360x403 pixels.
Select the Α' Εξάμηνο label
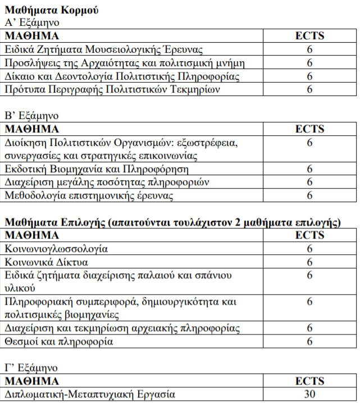31,23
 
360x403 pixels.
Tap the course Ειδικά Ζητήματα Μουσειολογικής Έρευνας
104,49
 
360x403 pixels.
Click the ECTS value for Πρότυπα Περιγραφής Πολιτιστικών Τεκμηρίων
309,89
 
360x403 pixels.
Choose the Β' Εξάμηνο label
31,116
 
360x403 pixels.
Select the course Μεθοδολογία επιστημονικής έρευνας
89,195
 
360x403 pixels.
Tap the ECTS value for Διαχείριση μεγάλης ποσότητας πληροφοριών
309,182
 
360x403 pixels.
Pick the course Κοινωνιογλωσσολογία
56,249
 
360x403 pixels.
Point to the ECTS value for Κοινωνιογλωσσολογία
309,249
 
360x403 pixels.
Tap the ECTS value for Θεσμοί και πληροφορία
309,341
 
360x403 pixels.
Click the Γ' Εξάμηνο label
31,368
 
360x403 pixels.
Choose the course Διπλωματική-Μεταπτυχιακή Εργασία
90,394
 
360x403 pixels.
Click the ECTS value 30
309,394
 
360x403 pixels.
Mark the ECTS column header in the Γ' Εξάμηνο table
309,381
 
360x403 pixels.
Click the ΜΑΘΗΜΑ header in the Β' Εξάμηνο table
32,129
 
